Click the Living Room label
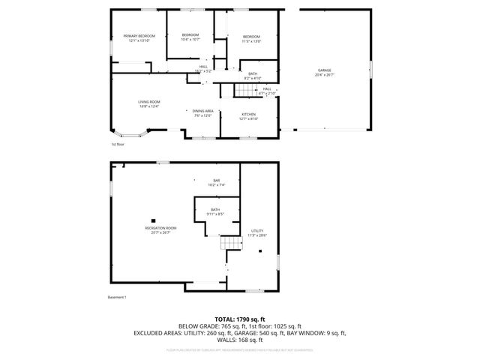[x=149, y=103]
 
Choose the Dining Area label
[x=202, y=112]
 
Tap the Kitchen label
[x=249, y=116]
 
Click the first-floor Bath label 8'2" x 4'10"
[x=253, y=76]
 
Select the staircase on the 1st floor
[x=244, y=91]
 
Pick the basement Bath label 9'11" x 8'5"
[x=215, y=212]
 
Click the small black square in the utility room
[x=260, y=251]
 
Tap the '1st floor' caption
[x=118, y=144]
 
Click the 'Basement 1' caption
[x=118, y=298]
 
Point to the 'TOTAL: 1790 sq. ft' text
[x=240, y=319]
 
